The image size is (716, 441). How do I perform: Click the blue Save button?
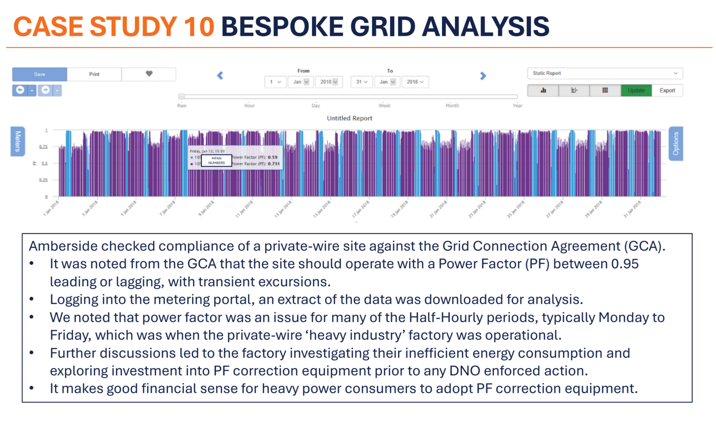(40, 74)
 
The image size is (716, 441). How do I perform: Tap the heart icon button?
(149, 74)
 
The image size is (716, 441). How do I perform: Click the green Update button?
(636, 90)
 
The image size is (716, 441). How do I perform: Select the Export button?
(667, 90)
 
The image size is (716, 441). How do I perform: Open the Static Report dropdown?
(604, 73)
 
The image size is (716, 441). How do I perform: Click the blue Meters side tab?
(18, 141)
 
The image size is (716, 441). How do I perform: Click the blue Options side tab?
(675, 143)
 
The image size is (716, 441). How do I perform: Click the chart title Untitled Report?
(349, 118)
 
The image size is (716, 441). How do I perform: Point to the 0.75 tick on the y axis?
(44, 147)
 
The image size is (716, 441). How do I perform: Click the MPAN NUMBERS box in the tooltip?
(216, 161)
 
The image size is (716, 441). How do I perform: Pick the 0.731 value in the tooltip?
(274, 164)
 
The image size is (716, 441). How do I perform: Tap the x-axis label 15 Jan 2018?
(322, 209)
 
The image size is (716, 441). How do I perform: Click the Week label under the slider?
(384, 106)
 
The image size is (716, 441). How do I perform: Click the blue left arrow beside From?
(220, 76)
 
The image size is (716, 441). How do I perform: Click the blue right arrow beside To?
(483, 76)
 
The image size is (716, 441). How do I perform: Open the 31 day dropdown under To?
(361, 82)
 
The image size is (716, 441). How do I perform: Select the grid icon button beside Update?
(605, 90)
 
